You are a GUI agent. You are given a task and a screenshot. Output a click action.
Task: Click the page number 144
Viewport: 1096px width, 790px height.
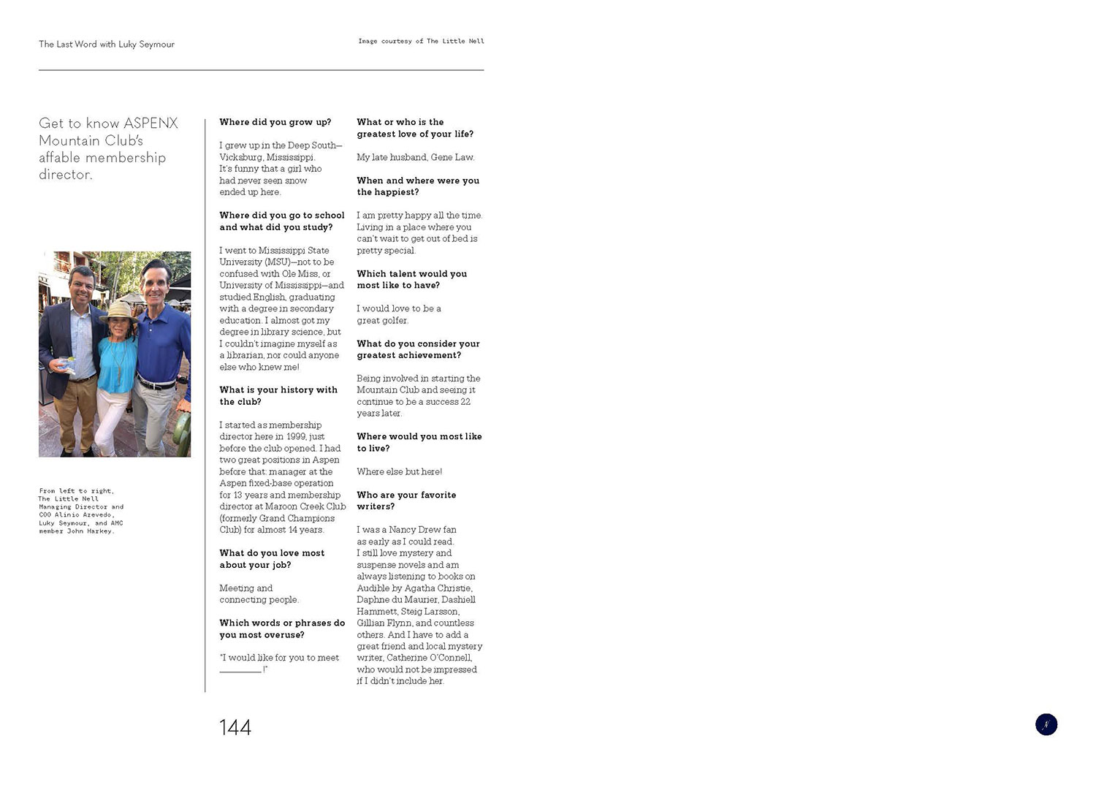(235, 727)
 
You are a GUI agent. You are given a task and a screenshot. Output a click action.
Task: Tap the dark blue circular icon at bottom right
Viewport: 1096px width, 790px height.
(1046, 724)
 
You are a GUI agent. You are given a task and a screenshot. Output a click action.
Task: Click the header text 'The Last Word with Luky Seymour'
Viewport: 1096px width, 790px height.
(107, 44)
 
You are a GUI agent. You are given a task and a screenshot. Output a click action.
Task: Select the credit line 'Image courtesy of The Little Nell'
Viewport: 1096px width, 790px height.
(421, 42)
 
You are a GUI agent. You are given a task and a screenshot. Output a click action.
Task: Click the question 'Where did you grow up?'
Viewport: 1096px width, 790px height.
(275, 122)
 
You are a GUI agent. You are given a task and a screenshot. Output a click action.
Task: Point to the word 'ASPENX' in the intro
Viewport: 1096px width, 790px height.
(151, 123)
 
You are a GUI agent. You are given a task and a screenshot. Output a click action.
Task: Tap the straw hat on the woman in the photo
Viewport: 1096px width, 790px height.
(118, 311)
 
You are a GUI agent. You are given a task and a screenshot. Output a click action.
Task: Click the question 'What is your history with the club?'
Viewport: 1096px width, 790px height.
(278, 395)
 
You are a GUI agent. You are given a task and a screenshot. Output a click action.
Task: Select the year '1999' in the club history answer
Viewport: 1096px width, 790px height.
(296, 436)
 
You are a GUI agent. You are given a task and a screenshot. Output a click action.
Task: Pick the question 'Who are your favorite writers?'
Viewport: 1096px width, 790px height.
(406, 501)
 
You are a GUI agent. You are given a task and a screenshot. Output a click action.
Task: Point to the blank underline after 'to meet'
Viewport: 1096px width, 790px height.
(240, 670)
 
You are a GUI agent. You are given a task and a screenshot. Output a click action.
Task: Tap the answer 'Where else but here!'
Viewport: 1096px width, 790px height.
(399, 471)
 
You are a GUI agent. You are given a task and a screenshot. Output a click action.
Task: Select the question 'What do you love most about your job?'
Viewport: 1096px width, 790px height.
(272, 559)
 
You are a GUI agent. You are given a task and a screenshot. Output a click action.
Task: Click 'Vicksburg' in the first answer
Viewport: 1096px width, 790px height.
(240, 157)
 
